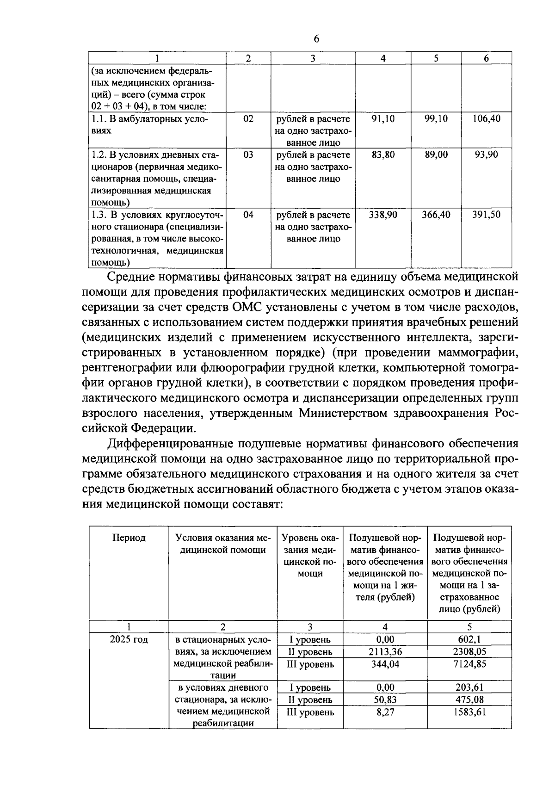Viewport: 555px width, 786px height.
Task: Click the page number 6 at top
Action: tap(316, 39)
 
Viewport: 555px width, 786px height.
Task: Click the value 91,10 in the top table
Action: tap(383, 118)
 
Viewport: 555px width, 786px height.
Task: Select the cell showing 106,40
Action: tap(486, 118)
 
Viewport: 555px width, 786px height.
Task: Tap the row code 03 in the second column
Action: tap(248, 155)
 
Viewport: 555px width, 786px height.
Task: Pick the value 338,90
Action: tap(383, 215)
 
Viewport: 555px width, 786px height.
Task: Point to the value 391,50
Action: tap(486, 215)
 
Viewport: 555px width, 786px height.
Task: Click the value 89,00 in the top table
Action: tap(436, 155)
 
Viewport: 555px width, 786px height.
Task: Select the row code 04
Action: tap(248, 215)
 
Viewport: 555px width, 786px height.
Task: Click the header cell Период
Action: tap(129, 538)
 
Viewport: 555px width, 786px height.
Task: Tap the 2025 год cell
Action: tap(129, 639)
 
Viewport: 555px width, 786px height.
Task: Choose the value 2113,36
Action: tap(385, 652)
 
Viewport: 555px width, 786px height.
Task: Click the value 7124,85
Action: tap(469, 664)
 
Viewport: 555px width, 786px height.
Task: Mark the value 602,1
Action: tap(469, 639)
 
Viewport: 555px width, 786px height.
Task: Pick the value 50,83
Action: tap(385, 700)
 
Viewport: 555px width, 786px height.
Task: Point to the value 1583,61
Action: tap(469, 712)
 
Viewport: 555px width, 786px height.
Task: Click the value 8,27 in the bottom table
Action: tap(385, 712)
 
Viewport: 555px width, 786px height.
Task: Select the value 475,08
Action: tap(469, 700)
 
